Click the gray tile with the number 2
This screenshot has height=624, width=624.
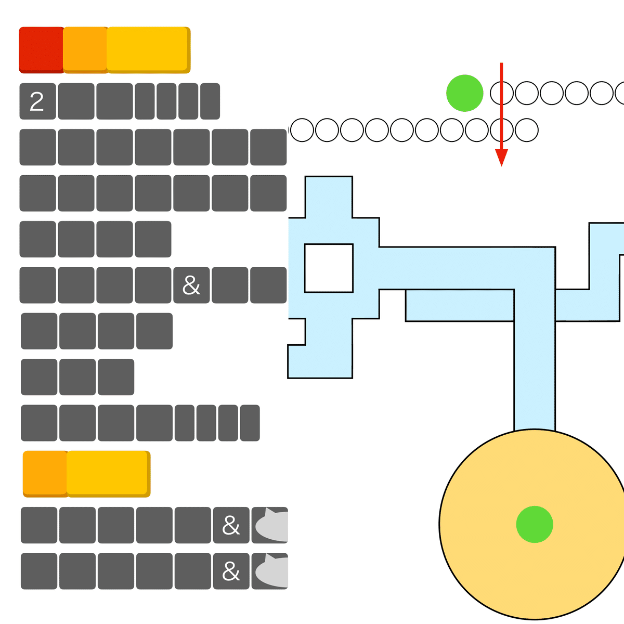[x=37, y=101]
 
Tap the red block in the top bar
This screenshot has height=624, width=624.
[x=41, y=50]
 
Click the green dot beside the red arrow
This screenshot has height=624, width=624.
[x=465, y=93]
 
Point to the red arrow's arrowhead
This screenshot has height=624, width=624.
[x=501, y=158]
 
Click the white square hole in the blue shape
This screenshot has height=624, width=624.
[x=329, y=268]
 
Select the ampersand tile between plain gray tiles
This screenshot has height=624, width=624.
[x=191, y=285]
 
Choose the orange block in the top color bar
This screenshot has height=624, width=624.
[x=85, y=50]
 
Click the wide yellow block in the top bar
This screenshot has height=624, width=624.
[x=148, y=50]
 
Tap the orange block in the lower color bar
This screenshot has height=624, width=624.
[x=45, y=474]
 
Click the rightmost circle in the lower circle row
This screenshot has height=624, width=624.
[x=527, y=130]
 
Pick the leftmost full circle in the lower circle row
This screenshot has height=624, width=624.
[x=302, y=130]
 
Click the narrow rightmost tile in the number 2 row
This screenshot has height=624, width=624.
[x=210, y=101]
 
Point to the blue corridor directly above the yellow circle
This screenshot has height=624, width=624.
[x=535, y=372]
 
